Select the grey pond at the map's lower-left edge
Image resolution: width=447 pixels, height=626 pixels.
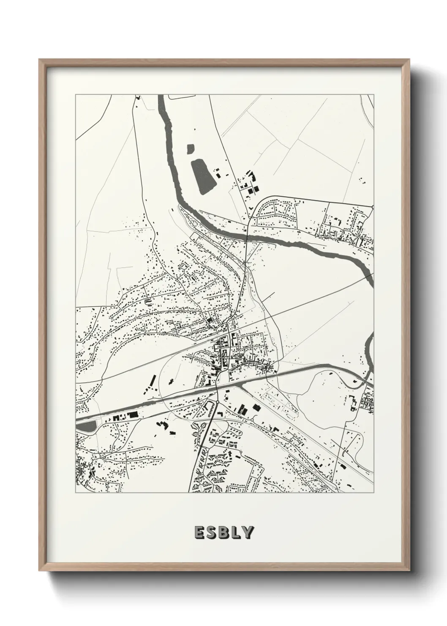pos(87,427)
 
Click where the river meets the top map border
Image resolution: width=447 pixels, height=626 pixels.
pos(161,96)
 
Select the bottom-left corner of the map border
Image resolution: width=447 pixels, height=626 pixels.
pos(76,492)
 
